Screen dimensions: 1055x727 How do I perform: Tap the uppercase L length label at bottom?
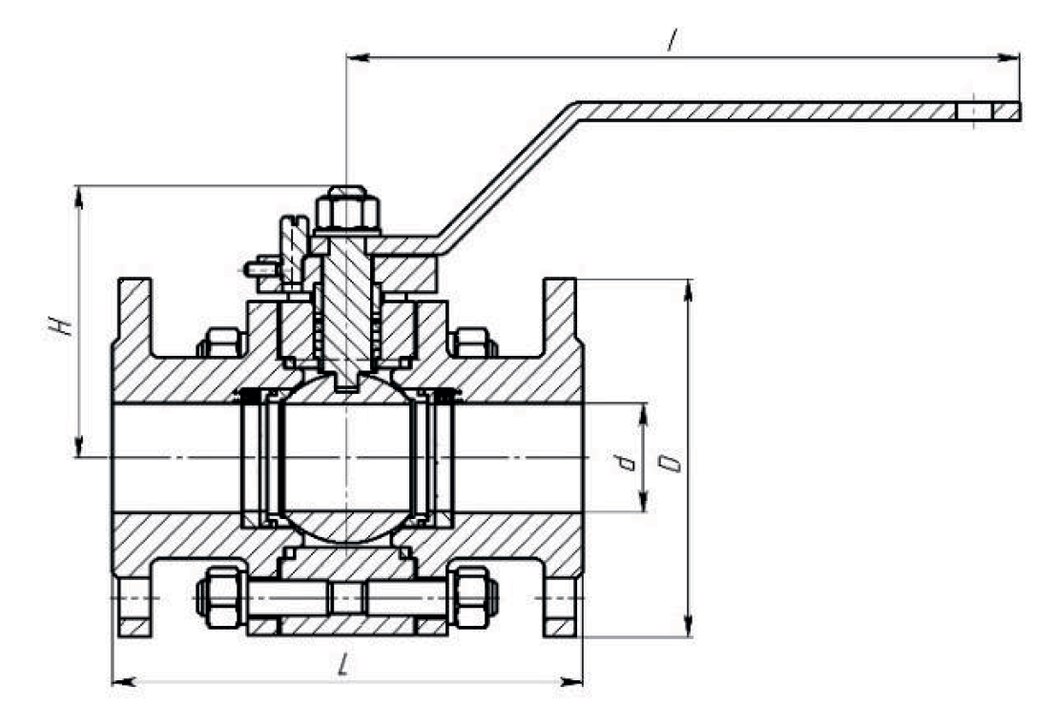pyautogui.click(x=343, y=665)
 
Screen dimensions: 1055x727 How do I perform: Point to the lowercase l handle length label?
pyautogui.click(x=672, y=40)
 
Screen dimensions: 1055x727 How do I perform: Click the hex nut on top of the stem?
pyautogui.click(x=346, y=209)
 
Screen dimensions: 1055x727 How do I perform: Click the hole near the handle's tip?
pyautogui.click(x=974, y=111)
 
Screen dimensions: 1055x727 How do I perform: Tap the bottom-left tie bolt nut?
pyautogui.click(x=220, y=597)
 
